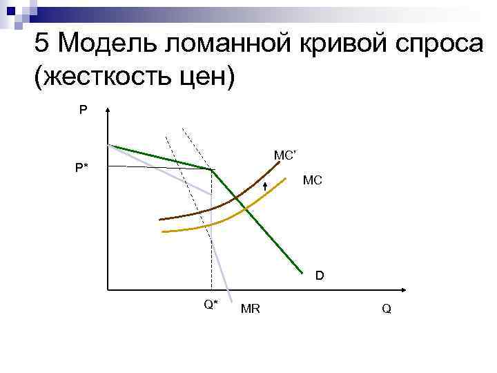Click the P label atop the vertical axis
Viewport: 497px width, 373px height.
click(83, 109)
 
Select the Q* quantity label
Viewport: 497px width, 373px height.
click(211, 304)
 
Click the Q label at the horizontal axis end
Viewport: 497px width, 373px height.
click(386, 309)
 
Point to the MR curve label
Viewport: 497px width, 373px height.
click(250, 309)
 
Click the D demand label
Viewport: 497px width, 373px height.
click(320, 276)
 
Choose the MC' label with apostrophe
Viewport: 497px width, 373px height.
click(284, 155)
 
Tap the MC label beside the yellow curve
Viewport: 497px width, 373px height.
click(312, 180)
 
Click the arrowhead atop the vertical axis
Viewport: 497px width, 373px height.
click(108, 110)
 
